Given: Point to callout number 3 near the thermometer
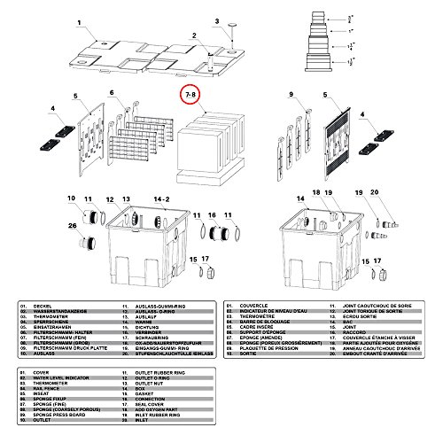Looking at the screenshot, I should pyautogui.click(x=216, y=20).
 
